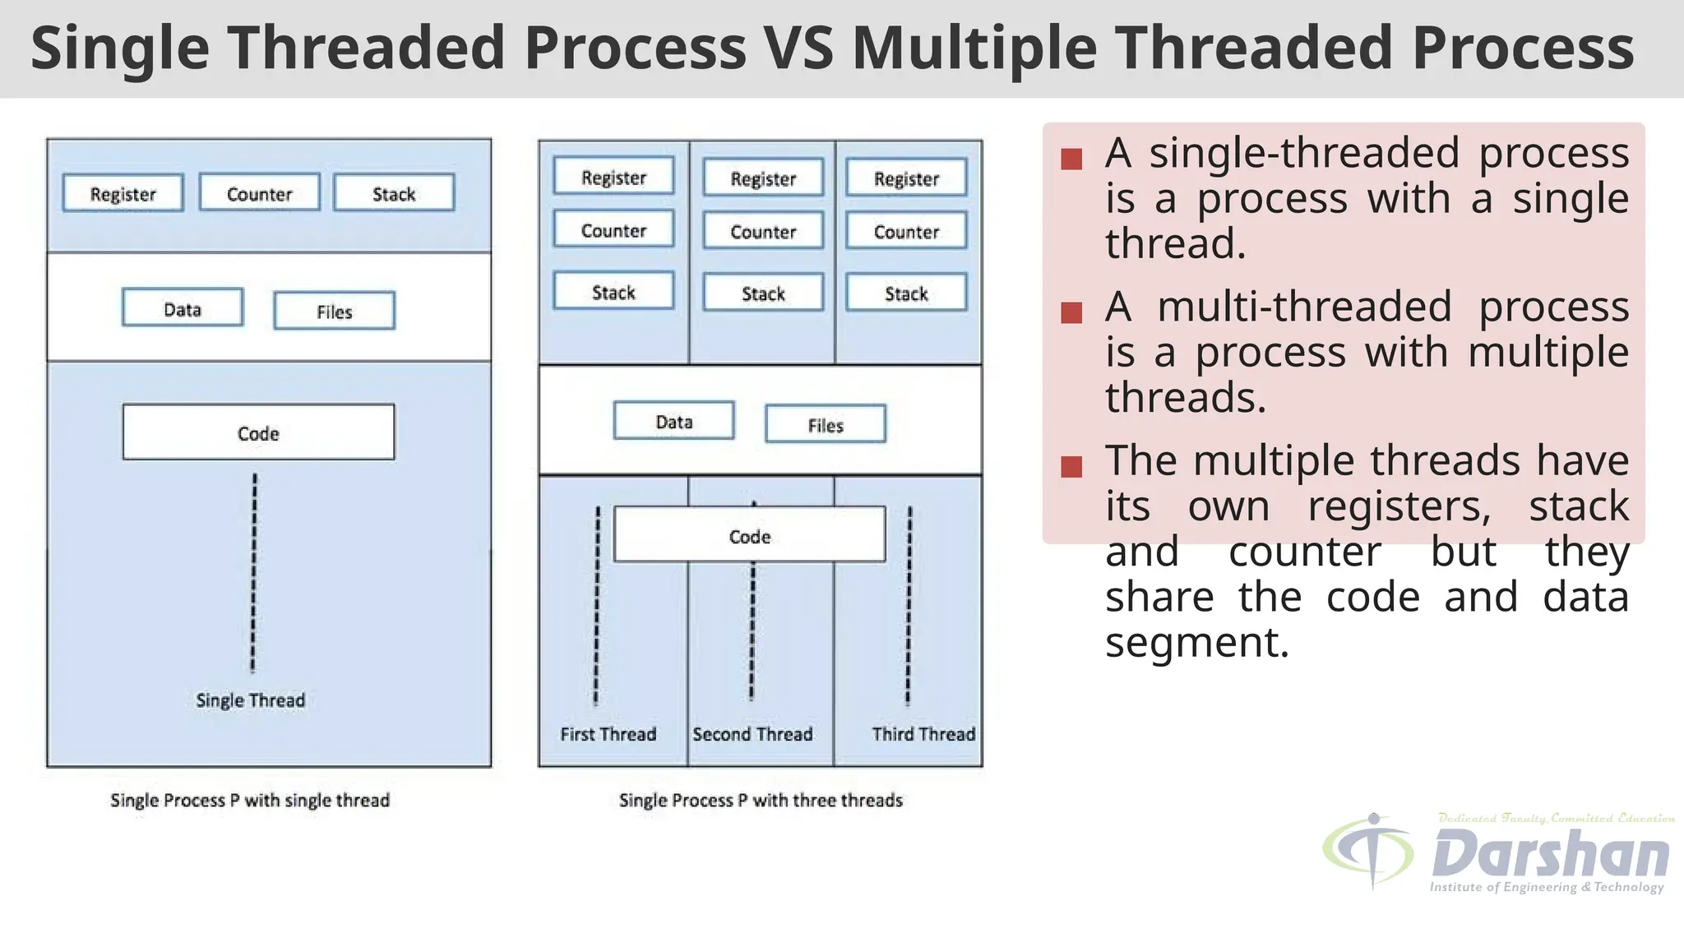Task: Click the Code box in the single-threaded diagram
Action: [258, 432]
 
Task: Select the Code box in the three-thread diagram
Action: [749, 535]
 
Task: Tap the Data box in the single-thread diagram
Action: [183, 308]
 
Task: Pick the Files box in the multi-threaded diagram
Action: [825, 424]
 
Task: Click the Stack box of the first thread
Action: [613, 291]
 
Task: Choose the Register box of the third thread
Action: [906, 178]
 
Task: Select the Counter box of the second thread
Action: [763, 231]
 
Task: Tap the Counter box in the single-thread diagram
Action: [259, 193]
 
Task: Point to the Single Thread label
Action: [250, 700]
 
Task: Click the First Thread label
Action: [608, 733]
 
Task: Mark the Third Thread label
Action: [923, 733]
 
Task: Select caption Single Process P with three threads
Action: [761, 800]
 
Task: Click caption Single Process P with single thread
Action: [250, 800]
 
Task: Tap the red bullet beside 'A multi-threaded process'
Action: [1071, 312]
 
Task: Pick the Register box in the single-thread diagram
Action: [123, 193]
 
